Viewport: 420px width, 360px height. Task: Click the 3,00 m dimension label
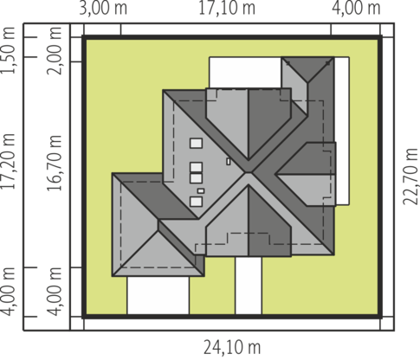click(103, 8)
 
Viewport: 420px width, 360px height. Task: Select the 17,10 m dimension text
click(227, 8)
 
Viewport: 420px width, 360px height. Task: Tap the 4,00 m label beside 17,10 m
click(356, 8)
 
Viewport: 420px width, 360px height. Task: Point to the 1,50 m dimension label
click(8, 50)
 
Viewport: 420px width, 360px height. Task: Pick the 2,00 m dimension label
click(54, 50)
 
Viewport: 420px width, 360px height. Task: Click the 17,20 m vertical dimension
click(8, 162)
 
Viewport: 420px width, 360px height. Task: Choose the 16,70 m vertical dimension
click(54, 163)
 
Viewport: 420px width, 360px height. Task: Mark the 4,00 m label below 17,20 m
click(8, 292)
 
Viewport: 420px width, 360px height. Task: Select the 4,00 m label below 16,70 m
click(54, 292)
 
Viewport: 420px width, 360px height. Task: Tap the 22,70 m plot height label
click(410, 177)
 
